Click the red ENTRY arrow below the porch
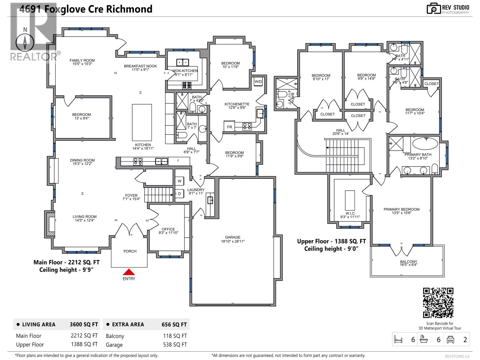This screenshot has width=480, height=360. [x=129, y=272]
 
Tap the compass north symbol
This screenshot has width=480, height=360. [x=25, y=42]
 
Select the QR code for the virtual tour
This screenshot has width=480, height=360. [x=438, y=302]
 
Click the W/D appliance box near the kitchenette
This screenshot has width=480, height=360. [x=258, y=82]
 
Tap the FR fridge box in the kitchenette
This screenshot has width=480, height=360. [x=229, y=127]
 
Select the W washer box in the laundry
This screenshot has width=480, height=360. [x=179, y=181]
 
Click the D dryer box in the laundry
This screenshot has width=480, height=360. [x=179, y=194]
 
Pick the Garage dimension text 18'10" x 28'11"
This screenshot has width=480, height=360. [x=233, y=241]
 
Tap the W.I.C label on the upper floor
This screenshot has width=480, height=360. [x=350, y=213]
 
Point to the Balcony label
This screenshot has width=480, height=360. [x=408, y=262]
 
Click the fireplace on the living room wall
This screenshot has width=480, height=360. [x=50, y=224]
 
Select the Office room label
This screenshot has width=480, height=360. [x=168, y=229]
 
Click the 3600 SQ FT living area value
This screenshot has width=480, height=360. [x=84, y=324]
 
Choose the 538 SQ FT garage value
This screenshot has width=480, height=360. [x=175, y=344]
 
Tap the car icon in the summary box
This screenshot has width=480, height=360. [x=450, y=339]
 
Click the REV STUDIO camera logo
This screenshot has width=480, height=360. [x=433, y=9]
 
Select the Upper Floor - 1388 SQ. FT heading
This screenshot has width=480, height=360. [x=331, y=241]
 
